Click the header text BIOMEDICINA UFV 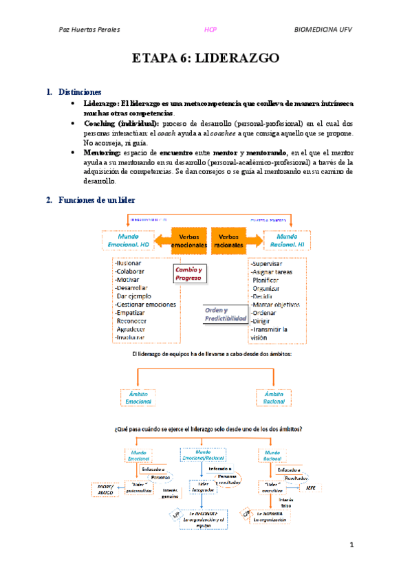click(x=323, y=30)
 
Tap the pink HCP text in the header click(x=211, y=30)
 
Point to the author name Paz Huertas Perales click(x=89, y=30)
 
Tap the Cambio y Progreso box click(x=188, y=274)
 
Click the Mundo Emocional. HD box click(x=129, y=241)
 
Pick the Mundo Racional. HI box click(x=285, y=241)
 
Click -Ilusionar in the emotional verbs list click(x=129, y=263)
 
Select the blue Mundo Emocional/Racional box click(x=204, y=455)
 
